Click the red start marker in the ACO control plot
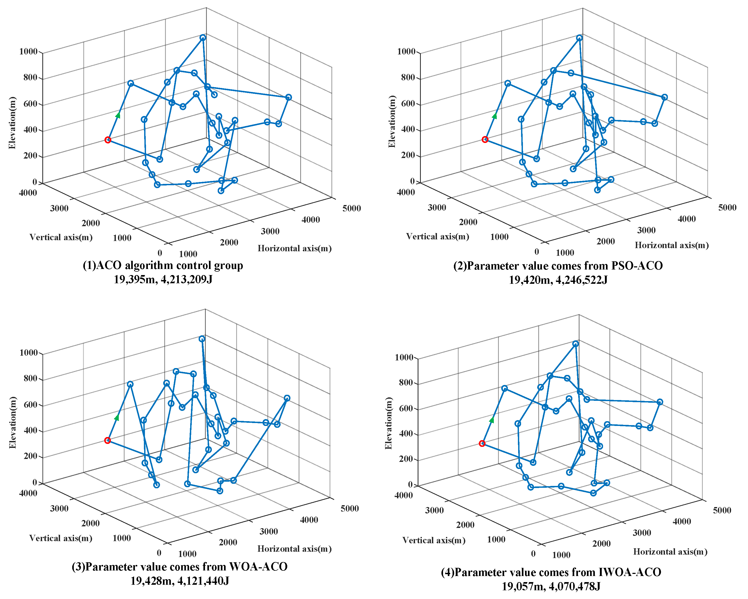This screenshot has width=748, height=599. click(108, 140)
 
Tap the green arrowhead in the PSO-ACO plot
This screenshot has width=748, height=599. click(494, 116)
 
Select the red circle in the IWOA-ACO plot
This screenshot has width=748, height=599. click(482, 444)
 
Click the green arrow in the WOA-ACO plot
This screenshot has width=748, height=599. click(117, 418)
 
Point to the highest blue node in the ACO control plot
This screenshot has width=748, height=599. click(203, 38)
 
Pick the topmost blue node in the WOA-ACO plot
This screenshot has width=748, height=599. click(202, 339)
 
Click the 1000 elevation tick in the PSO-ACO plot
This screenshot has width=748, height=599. click(406, 52)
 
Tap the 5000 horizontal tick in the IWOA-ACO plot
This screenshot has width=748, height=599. click(722, 510)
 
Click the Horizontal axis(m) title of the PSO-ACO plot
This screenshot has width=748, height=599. click(672, 245)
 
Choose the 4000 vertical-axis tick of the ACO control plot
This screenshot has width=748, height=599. click(28, 193)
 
